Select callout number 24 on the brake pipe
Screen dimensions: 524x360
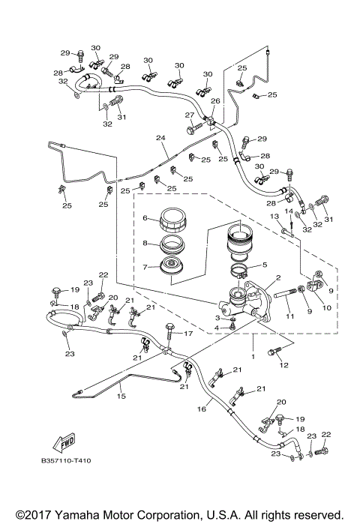[x=160, y=138]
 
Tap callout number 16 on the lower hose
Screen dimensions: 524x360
[x=202, y=409]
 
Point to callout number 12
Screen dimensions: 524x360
[x=284, y=365]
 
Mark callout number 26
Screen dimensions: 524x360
[x=214, y=101]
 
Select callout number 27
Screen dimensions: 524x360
[x=190, y=115]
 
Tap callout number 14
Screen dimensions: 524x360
[x=289, y=212]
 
